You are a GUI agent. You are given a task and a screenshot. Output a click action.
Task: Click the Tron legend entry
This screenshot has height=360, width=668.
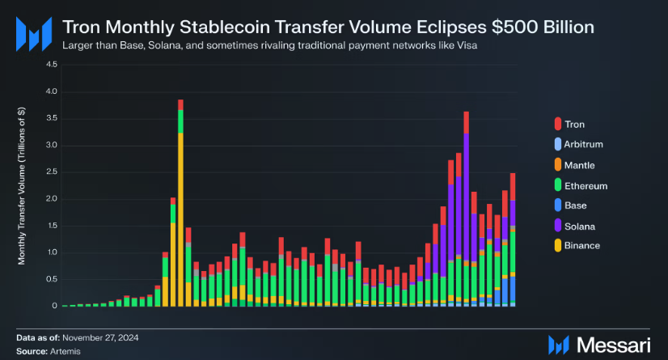coord(573,125)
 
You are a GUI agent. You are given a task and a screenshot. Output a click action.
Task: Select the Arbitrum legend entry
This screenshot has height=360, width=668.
coord(581,145)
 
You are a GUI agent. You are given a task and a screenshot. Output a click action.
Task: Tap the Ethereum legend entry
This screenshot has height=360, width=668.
coord(581,185)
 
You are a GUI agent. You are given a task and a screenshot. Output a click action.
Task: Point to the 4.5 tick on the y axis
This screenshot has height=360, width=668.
coord(52,65)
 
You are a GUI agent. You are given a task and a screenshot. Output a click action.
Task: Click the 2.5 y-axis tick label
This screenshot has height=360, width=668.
coord(52,172)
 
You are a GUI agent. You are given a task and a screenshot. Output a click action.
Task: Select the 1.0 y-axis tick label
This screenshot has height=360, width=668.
coord(52,252)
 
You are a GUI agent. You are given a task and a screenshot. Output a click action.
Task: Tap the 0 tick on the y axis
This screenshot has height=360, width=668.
coord(54,306)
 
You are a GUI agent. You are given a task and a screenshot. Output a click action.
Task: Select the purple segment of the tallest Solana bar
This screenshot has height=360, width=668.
coord(467,194)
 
